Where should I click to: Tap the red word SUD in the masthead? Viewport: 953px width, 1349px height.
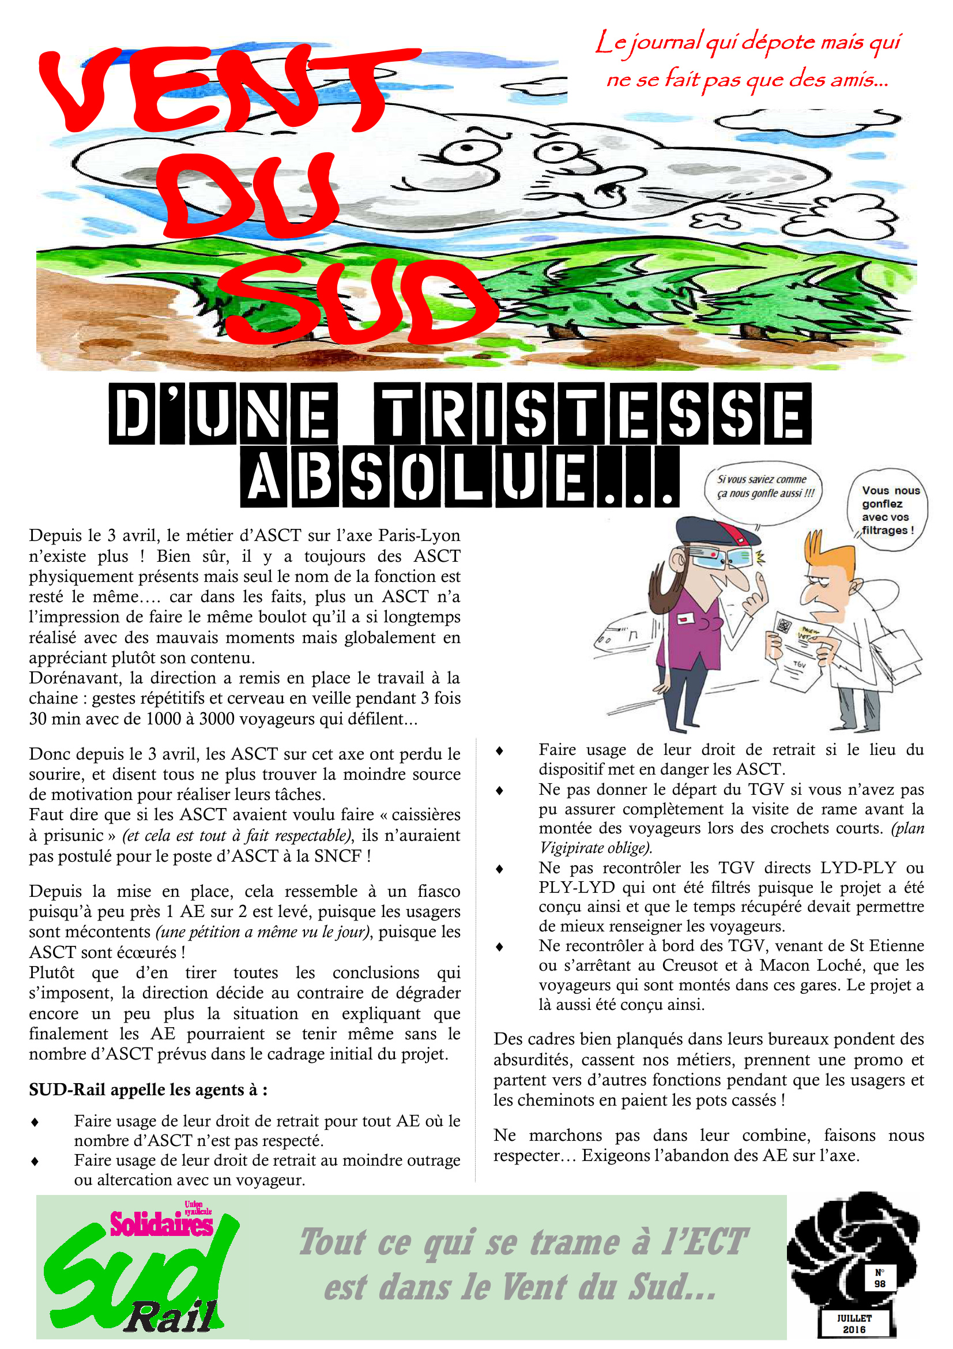(358, 303)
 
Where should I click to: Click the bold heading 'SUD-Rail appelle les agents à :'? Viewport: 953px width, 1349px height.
(148, 1091)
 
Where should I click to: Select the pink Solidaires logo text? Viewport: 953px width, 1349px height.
(161, 1225)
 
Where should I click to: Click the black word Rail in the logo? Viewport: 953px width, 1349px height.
(170, 1318)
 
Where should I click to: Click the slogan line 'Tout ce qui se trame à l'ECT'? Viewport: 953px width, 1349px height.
(522, 1243)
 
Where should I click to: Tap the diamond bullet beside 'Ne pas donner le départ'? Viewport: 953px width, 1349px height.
(500, 791)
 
